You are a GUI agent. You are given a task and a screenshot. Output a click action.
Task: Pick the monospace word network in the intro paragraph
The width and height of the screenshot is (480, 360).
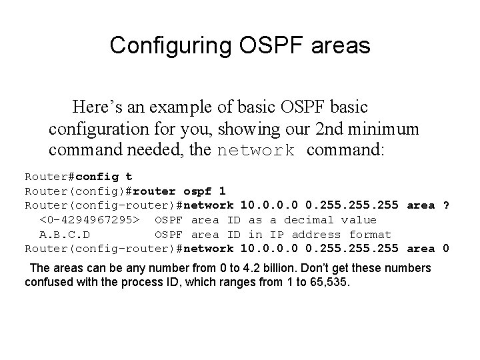point(256,151)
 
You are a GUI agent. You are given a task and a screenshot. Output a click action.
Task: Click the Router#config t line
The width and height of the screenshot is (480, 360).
point(79,177)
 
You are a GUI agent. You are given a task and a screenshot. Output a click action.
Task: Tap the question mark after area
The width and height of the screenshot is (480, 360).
point(445,205)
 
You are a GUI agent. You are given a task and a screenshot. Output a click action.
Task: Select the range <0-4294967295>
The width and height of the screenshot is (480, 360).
point(89,220)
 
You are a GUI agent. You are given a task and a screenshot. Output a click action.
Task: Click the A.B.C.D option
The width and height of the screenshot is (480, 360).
point(65,235)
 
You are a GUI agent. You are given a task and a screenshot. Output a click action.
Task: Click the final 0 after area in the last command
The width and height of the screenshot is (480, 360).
point(445,249)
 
